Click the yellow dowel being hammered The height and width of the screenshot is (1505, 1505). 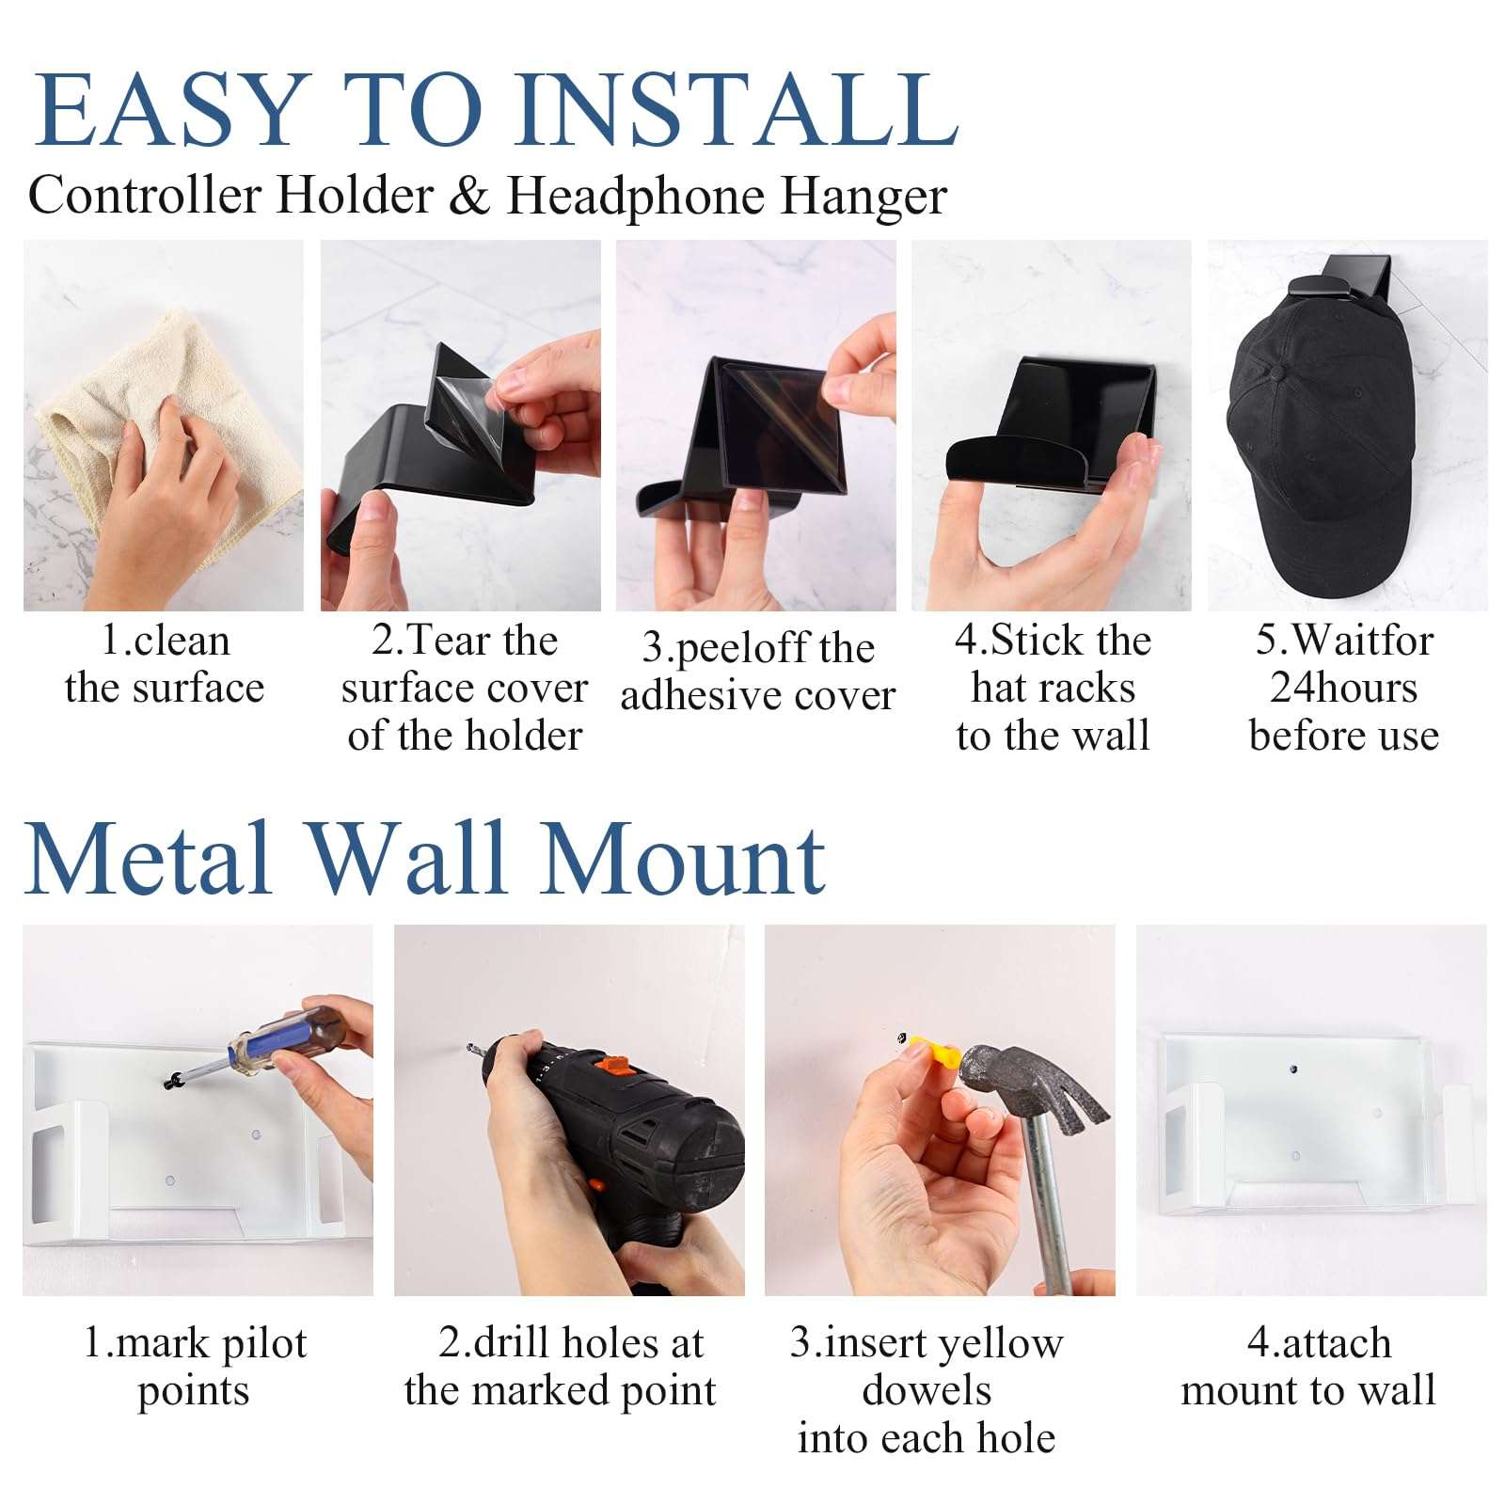[930, 1050]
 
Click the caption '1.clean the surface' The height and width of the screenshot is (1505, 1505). [165, 664]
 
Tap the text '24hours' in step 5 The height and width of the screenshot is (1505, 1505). [1343, 688]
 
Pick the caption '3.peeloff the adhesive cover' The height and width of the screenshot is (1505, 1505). [757, 672]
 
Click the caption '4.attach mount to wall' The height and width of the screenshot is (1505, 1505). [1309, 1367]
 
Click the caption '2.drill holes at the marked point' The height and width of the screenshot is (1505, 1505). [561, 1367]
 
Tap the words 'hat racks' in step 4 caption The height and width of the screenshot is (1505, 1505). [1053, 688]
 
